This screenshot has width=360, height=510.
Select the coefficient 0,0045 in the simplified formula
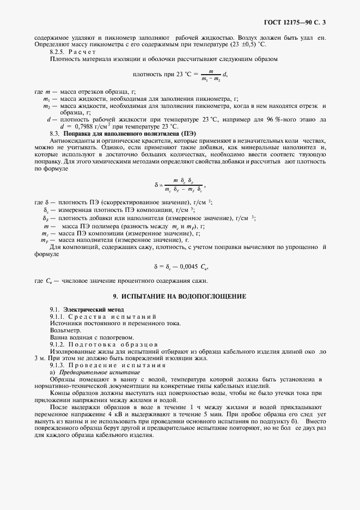pos(188,267)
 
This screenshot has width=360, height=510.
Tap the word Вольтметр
pos(65,330)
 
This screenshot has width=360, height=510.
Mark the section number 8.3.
pos(54,133)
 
